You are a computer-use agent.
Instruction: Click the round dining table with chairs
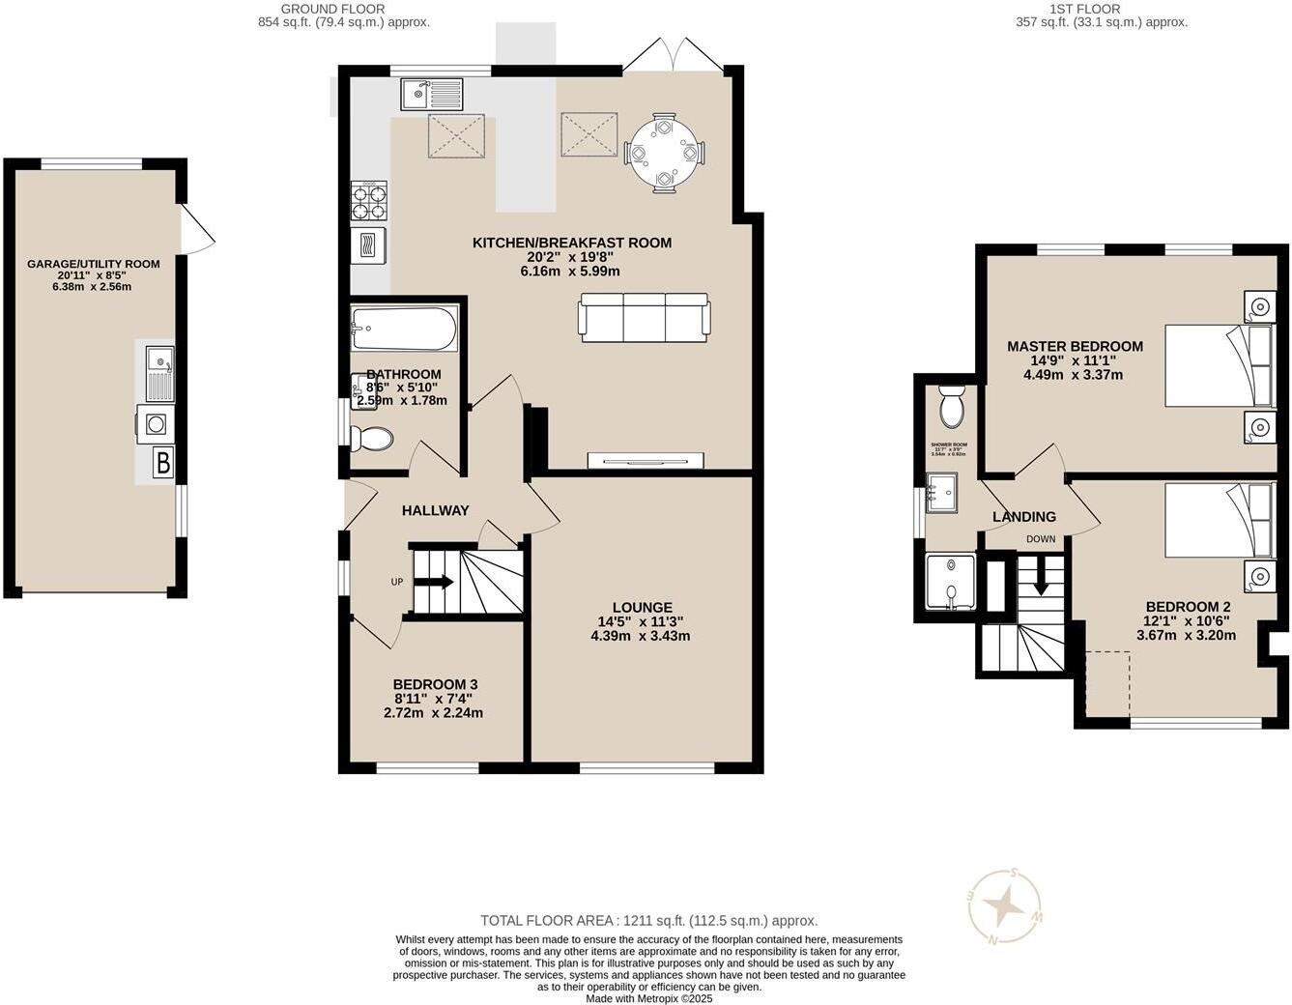[x=665, y=152]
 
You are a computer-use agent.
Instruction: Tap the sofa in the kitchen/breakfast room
[x=645, y=317]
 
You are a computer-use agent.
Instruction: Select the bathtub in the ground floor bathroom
[x=404, y=330]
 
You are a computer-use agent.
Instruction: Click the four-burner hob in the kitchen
[x=368, y=202]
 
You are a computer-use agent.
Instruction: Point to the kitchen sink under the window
[x=432, y=95]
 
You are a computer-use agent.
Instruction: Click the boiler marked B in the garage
[x=163, y=464]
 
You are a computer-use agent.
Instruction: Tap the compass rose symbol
[x=1006, y=906]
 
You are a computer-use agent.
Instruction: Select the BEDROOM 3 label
[x=435, y=684]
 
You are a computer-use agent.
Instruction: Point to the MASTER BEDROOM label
[x=1075, y=346]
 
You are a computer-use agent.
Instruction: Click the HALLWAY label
[x=435, y=510]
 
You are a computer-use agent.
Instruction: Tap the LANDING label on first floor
[x=1024, y=517]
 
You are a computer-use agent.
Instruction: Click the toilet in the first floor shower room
[x=952, y=407]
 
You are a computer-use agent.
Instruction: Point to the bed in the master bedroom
[x=1220, y=365]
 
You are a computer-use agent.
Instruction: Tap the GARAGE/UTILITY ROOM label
[x=93, y=264]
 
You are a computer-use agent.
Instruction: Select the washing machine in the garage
[x=155, y=423]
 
